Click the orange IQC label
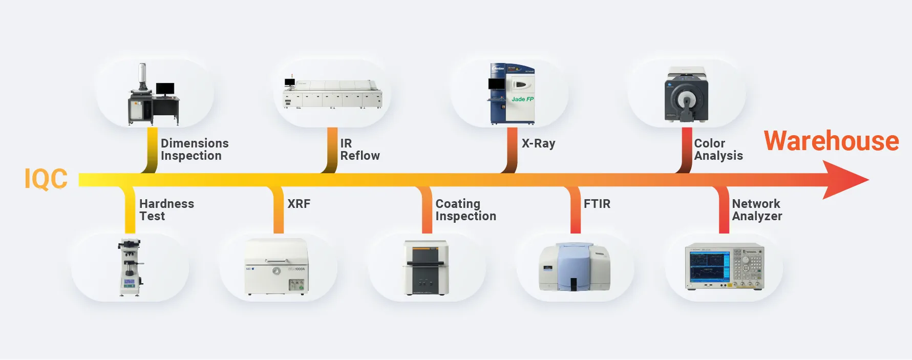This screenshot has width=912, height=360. (46, 179)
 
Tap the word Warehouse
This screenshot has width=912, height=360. (831, 141)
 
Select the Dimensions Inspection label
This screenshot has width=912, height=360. (195, 150)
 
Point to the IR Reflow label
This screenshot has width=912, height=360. (359, 150)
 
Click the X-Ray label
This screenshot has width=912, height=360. (538, 143)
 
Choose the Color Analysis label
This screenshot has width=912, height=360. (718, 150)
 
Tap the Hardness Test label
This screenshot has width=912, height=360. (166, 210)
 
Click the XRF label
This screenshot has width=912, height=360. (299, 204)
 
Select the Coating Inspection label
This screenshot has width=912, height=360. (465, 210)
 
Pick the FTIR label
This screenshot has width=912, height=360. (597, 204)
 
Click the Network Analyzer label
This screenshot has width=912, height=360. (757, 210)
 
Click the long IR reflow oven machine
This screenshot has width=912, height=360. (333, 94)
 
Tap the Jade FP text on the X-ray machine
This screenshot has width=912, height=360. (522, 99)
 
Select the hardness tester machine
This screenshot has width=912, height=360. (130, 267)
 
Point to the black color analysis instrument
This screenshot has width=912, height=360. (686, 95)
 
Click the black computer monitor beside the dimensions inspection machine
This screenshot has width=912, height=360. (165, 89)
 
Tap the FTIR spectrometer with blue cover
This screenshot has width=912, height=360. (574, 267)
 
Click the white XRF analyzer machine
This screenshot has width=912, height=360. (277, 267)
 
